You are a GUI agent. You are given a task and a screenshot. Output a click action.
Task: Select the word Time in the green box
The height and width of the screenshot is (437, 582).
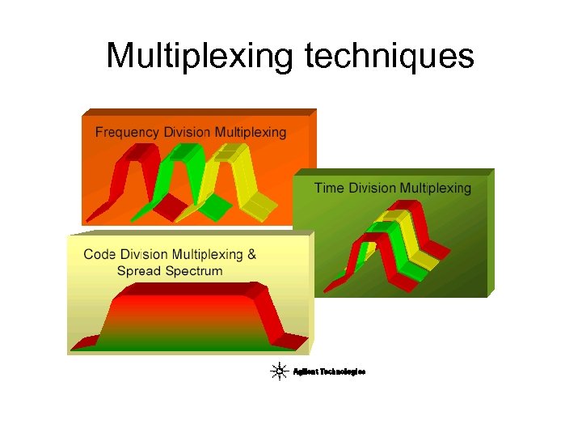tap(329, 188)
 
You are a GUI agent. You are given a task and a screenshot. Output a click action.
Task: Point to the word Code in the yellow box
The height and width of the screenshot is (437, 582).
tap(99, 254)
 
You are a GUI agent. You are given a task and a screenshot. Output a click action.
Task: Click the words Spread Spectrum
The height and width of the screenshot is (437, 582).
tap(170, 270)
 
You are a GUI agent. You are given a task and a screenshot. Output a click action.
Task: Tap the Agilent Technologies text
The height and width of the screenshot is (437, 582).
tap(329, 371)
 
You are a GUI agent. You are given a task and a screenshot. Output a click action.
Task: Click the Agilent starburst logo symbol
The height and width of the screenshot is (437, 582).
tap(280, 371)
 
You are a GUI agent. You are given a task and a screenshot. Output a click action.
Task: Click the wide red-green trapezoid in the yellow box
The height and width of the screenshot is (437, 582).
tap(190, 320)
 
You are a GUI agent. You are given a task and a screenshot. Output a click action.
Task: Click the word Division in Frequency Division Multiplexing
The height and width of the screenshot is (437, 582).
tap(187, 132)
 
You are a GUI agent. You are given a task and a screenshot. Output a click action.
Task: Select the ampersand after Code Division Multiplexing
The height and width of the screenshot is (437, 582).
tap(251, 254)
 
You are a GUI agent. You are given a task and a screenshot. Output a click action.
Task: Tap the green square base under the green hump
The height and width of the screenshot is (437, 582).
tap(215, 207)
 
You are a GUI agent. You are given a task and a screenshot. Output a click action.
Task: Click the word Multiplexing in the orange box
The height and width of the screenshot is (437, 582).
tap(251, 132)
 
